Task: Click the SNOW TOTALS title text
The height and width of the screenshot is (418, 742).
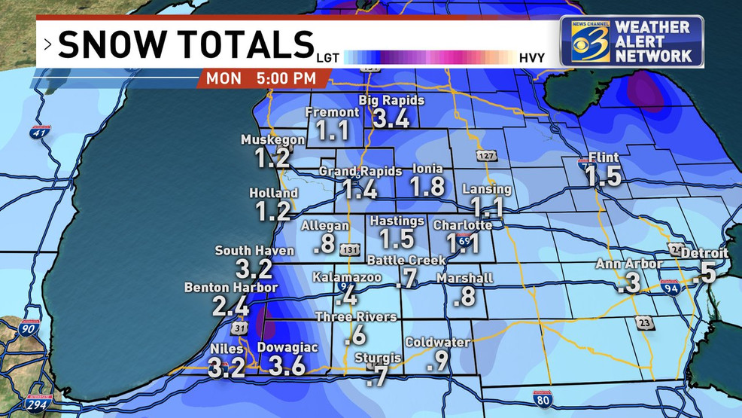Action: click(x=184, y=44)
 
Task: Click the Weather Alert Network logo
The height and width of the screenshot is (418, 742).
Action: click(x=631, y=41)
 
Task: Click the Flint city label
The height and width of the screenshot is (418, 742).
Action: click(x=605, y=157)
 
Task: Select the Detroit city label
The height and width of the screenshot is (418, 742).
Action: click(x=704, y=253)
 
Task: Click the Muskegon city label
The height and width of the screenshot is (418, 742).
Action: click(x=272, y=140)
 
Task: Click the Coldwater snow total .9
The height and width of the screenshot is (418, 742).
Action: click(x=437, y=362)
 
